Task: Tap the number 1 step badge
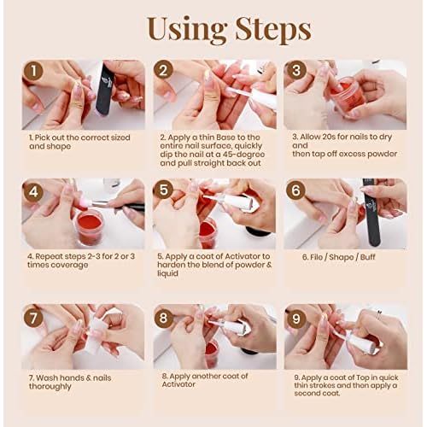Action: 34,73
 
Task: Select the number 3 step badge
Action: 297,73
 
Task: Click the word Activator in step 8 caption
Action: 180,387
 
